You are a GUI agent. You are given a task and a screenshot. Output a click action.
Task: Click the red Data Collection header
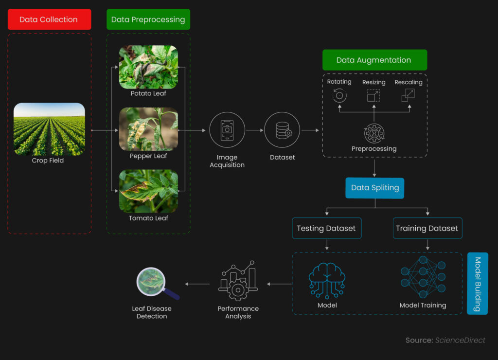(49, 19)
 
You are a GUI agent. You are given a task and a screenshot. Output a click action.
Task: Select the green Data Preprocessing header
(148, 19)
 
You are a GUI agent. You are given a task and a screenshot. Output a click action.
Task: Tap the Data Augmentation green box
(374, 60)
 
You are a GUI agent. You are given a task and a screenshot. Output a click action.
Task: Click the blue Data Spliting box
(375, 188)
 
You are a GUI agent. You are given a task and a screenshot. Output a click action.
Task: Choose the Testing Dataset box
(326, 228)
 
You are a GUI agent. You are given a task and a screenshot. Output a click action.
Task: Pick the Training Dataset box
(427, 228)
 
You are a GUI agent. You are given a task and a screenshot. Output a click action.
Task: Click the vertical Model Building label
(478, 284)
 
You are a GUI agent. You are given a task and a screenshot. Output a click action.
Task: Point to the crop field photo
(49, 129)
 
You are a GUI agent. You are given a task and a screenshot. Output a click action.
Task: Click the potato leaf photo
(148, 67)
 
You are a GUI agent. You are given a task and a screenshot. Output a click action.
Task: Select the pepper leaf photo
(148, 129)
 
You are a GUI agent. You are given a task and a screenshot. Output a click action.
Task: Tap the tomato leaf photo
(148, 191)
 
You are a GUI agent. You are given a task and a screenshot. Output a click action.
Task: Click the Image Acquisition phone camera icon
(227, 130)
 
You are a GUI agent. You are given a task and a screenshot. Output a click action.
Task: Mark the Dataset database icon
(282, 130)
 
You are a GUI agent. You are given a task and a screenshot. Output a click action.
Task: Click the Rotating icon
(339, 95)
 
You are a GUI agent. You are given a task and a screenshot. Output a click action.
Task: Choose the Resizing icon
(373, 95)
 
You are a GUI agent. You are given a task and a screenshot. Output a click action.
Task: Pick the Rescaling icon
(408, 95)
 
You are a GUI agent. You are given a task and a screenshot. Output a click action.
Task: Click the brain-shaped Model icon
(327, 280)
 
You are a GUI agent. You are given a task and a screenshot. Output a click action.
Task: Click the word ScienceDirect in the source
(460, 340)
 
